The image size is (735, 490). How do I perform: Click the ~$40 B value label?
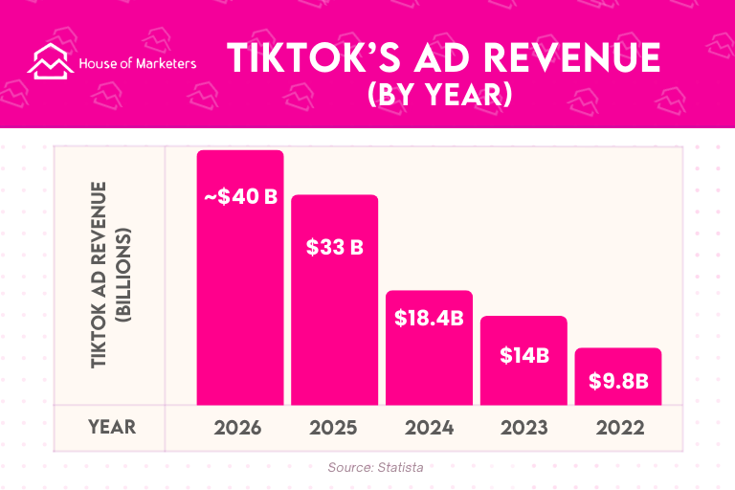pyautogui.click(x=240, y=198)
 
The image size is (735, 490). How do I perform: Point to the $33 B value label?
pyautogui.click(x=335, y=247)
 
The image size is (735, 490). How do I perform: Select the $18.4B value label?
pyautogui.click(x=429, y=318)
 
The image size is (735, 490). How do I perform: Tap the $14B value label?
pyautogui.click(x=523, y=355)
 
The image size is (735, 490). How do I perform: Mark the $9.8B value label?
pyautogui.click(x=618, y=381)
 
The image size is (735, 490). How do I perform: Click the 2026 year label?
pyautogui.click(x=240, y=427)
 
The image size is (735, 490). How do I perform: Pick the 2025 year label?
pyautogui.click(x=335, y=427)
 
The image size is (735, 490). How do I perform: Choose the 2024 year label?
pyautogui.click(x=429, y=427)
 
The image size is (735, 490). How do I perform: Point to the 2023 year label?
pyautogui.click(x=523, y=427)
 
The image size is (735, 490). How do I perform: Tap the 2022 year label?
pyautogui.click(x=618, y=427)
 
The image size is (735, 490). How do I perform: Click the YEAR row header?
pyautogui.click(x=111, y=427)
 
